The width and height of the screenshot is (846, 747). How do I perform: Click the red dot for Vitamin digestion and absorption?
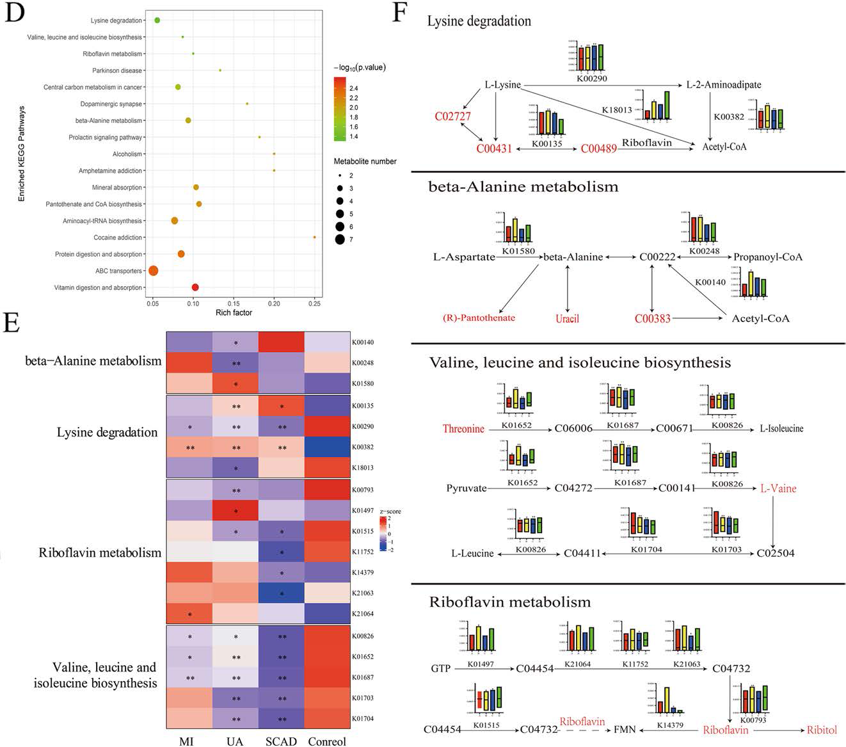coord(195,287)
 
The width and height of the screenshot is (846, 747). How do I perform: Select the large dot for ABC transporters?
coord(154,271)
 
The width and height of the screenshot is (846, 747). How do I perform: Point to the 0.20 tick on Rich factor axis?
coord(274,303)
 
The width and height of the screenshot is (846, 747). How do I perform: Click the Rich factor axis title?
coord(234,312)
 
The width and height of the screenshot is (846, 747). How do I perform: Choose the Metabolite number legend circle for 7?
coord(339,239)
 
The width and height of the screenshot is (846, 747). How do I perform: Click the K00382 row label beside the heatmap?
coord(363,447)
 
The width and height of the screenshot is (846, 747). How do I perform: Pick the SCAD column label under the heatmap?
coord(281,741)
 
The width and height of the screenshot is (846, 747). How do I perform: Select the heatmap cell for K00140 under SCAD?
coord(281,342)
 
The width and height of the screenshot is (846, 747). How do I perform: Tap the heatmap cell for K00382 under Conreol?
coord(327,447)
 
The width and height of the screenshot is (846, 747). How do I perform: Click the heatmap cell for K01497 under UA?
coord(235,512)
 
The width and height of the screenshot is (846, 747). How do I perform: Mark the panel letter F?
coord(400,13)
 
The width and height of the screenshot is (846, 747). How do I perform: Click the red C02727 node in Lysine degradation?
coord(452,116)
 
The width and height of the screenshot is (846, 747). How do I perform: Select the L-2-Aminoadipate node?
coord(723,84)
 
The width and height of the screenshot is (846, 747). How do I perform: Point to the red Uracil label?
coord(567,318)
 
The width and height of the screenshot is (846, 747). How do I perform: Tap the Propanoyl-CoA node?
coord(767,257)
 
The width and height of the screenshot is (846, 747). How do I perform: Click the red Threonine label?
coord(463,428)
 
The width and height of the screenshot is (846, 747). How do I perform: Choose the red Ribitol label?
coord(822,729)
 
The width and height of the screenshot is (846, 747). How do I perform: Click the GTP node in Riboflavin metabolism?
coord(440,668)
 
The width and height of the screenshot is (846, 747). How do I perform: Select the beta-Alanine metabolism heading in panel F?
coord(523,187)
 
